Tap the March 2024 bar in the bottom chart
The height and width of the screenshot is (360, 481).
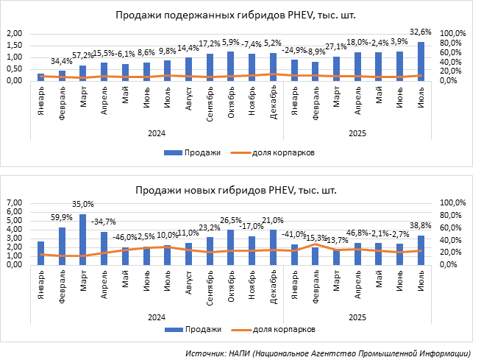pos(83,239)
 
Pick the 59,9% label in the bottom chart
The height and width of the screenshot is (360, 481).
pos(62,217)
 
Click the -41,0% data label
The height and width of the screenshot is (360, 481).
pos(294,234)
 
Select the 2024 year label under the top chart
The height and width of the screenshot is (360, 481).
pos(157,133)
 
